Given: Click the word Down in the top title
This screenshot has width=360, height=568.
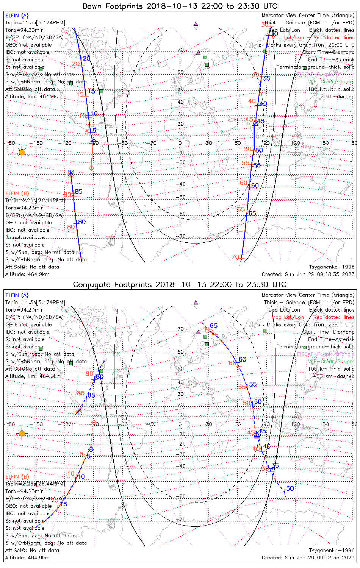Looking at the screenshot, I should pos(92,6).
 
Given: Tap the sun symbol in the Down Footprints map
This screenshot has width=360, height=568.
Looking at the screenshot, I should pos(22,152).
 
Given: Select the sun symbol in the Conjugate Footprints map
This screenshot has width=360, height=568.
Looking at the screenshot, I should pos(22,433).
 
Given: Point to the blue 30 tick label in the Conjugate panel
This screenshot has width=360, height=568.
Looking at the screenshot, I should pos(290,488).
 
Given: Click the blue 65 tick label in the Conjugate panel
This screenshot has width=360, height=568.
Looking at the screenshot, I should pos(214,326).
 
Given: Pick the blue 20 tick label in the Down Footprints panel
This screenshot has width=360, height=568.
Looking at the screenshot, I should pos(87,58).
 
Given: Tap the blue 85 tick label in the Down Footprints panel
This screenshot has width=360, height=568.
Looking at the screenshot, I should pos(78,192).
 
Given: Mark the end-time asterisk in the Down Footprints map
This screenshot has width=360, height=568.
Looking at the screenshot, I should pos(70,173).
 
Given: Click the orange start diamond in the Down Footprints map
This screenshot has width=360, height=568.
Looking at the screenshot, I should pos(91,167).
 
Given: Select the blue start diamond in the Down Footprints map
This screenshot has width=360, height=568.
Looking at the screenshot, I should pos(94,141).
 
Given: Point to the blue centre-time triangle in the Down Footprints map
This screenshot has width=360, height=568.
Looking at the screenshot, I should pos(255,123).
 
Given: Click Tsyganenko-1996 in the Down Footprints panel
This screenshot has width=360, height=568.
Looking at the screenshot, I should pos(332,267).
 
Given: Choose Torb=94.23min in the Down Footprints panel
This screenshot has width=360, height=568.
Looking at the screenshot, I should pos(24,208).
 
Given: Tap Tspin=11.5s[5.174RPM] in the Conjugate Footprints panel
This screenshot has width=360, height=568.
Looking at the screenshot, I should pos(35,302).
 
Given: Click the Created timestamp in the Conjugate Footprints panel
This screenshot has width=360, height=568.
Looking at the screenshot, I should pos(308,557).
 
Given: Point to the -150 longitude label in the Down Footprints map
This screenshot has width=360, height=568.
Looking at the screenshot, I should pos(38,143).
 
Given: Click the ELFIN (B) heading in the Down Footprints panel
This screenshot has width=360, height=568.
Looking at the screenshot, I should pos(17,193).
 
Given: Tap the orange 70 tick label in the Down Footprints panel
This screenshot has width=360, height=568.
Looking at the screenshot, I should pos(235,257).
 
